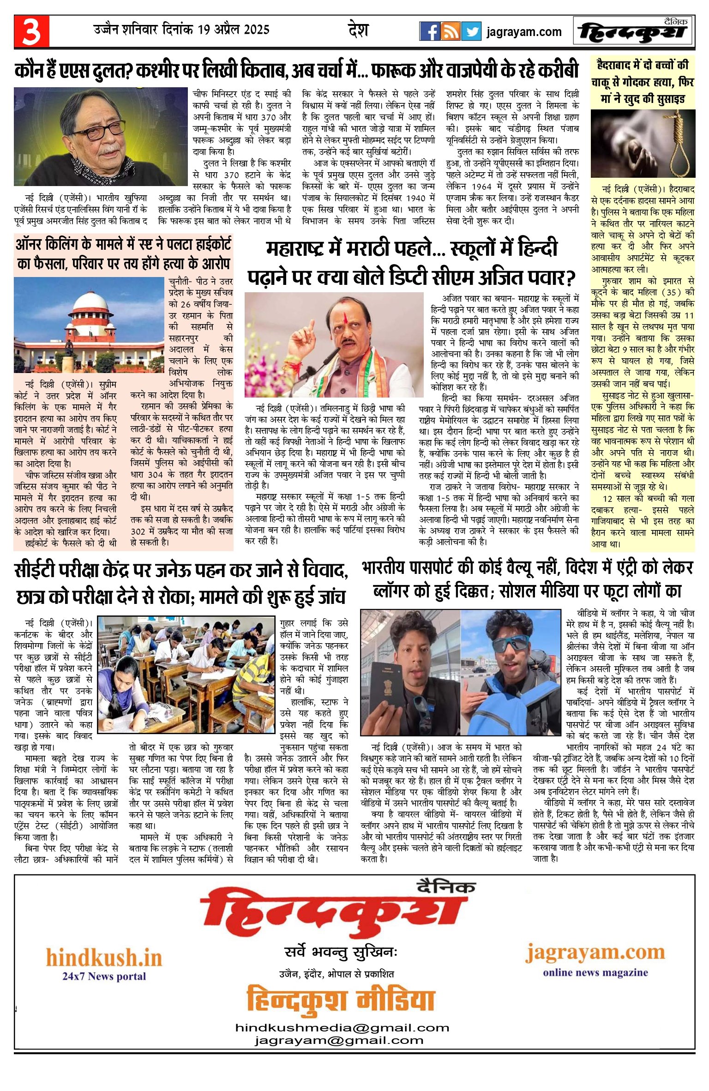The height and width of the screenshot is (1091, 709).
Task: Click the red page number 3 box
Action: click(31, 31)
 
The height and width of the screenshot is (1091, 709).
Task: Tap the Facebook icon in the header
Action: click(429, 31)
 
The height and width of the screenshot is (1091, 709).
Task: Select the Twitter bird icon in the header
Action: click(471, 31)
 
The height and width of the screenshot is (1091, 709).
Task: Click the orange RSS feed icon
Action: click(450, 31)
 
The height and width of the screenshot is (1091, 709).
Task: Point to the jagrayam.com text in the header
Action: click(524, 32)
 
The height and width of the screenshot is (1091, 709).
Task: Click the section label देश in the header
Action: click(358, 30)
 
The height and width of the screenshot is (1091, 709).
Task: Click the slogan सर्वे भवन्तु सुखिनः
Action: click(341, 952)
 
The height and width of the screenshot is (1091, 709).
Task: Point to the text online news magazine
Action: click(595, 973)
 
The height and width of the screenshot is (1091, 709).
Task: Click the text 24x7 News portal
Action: click(104, 976)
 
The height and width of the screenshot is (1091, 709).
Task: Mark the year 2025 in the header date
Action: click(257, 30)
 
